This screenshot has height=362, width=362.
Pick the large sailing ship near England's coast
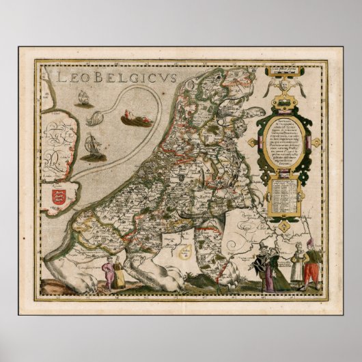(93, 145)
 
